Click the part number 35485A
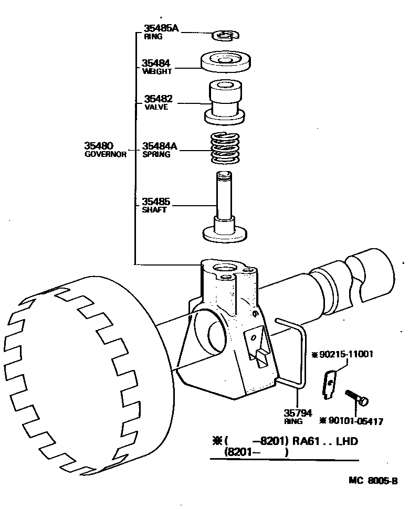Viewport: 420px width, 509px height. (x=161, y=28)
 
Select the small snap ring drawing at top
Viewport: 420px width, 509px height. (x=225, y=35)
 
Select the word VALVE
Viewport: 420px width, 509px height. (x=156, y=107)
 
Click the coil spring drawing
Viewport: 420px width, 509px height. (x=225, y=149)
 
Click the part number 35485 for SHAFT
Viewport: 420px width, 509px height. (x=156, y=202)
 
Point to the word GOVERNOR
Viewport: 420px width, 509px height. (x=106, y=155)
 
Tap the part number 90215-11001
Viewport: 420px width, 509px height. (x=345, y=354)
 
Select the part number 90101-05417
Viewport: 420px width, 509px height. (x=355, y=421)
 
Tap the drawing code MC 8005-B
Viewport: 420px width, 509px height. (x=373, y=481)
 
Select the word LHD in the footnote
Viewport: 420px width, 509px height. (x=347, y=441)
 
